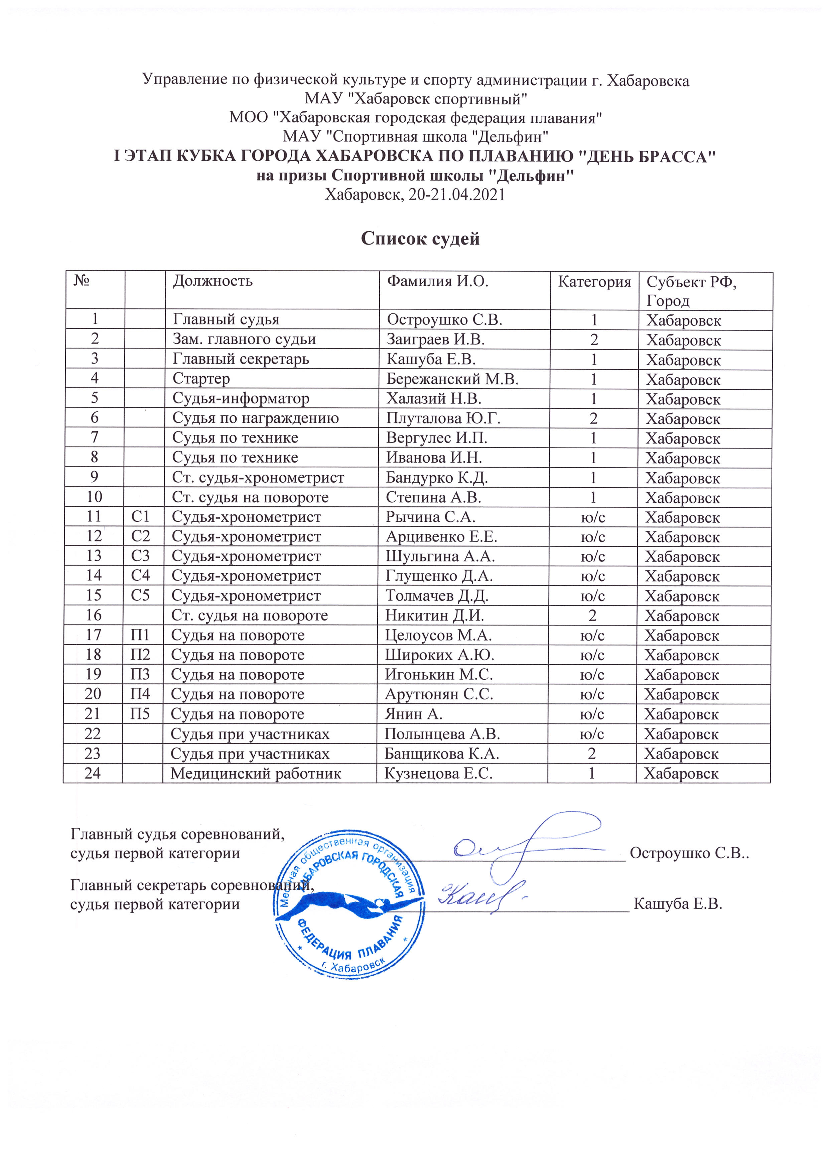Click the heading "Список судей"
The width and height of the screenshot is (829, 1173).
(420, 238)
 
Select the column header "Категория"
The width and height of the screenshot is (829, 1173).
(594, 282)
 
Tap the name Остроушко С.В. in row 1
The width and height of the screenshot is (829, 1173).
(444, 319)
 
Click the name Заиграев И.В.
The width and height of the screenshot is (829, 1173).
(435, 339)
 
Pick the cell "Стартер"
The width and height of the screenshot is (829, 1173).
(201, 379)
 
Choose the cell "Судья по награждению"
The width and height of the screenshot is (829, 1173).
(255, 418)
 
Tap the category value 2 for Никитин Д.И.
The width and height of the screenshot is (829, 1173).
(592, 615)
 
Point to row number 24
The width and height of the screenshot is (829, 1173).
(93, 773)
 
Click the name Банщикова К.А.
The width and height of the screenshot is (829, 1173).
(441, 754)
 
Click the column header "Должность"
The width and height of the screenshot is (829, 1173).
(213, 281)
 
